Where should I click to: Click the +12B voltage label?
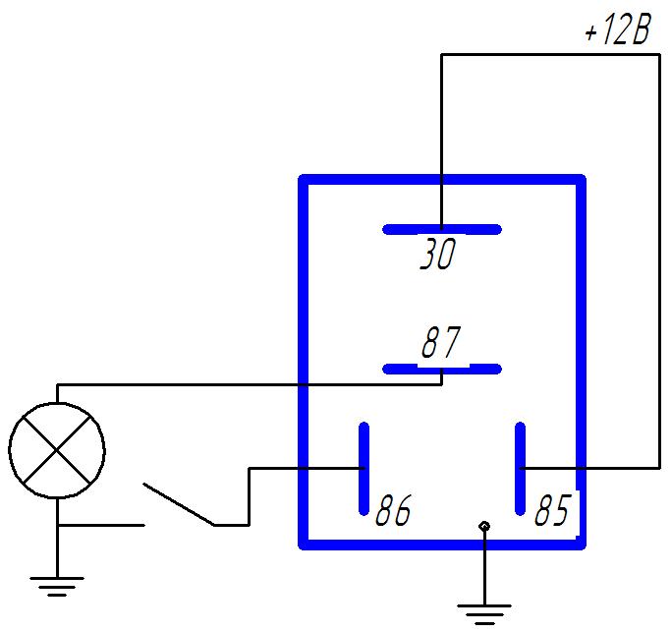point(618,29)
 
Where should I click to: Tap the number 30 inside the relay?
point(438,254)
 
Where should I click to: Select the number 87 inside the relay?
point(441,342)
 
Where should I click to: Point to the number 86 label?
point(393,510)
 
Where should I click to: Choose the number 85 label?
point(552,510)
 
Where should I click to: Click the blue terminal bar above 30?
point(442,230)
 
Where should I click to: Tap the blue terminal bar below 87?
point(442,369)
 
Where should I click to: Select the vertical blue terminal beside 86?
point(363,469)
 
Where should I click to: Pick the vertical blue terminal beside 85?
point(520,469)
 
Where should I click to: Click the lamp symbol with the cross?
point(57,450)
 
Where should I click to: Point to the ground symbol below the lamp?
point(57,587)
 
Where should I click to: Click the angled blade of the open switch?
point(179,504)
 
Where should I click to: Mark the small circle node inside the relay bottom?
point(484,526)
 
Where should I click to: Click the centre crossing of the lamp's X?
point(57,450)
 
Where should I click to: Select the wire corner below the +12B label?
point(659,54)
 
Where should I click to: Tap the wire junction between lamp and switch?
point(57,525)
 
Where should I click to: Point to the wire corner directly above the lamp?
point(57,384)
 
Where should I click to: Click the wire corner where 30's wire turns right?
point(442,54)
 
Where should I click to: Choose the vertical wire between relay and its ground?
point(484,568)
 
